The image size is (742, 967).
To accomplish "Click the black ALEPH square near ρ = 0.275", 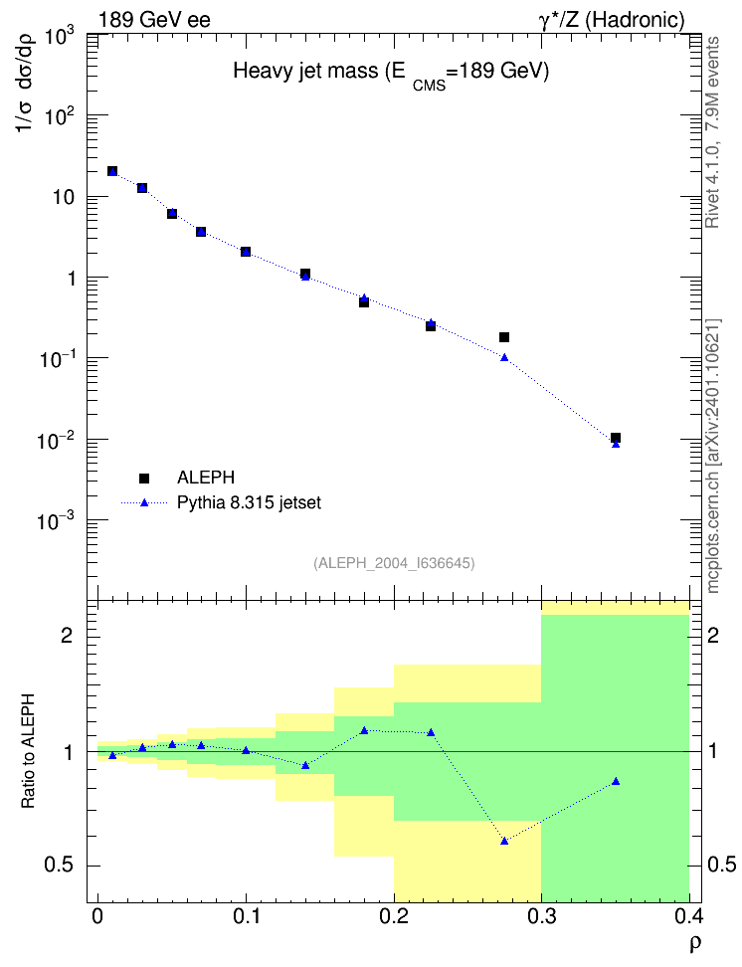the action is pyautogui.click(x=504, y=337).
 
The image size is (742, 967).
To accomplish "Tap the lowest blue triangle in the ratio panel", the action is pyautogui.click(x=504, y=841).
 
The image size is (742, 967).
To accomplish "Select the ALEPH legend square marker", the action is pyautogui.click(x=144, y=478).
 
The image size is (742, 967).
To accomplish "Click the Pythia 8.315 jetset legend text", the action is pyautogui.click(x=250, y=502).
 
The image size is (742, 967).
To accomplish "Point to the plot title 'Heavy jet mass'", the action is pyautogui.click(x=305, y=71).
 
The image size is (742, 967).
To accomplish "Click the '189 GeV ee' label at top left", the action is pyautogui.click(x=155, y=20).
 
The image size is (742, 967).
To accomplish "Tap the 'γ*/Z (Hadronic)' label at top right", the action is pyautogui.click(x=612, y=20).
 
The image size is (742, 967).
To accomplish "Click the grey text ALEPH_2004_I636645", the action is pyautogui.click(x=394, y=563).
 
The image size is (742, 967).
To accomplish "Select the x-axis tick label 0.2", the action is pyautogui.click(x=394, y=916).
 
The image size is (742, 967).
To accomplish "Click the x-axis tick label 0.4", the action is pyautogui.click(x=688, y=916).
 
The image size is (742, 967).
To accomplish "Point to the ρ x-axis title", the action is pyautogui.click(x=694, y=943).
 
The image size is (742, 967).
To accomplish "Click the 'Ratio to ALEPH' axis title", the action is pyautogui.click(x=28, y=751).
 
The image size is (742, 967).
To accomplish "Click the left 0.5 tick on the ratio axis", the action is pyautogui.click(x=59, y=866).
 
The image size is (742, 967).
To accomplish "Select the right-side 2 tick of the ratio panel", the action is pyautogui.click(x=713, y=635).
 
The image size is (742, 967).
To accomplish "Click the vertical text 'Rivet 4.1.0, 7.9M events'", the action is pyautogui.click(x=712, y=132).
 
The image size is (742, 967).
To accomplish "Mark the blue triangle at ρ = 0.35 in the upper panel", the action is pyautogui.click(x=616, y=444).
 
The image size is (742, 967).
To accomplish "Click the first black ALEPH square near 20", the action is pyautogui.click(x=112, y=171).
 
